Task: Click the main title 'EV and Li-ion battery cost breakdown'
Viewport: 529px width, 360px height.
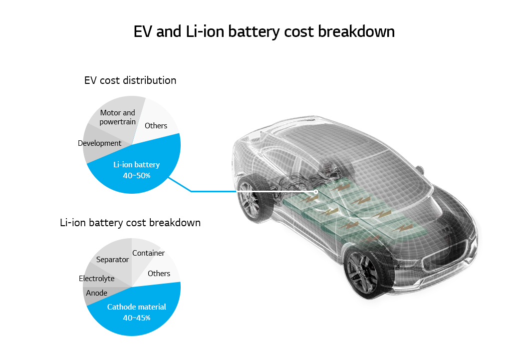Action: [x=264, y=32]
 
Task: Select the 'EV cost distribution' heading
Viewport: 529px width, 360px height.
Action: [x=130, y=80]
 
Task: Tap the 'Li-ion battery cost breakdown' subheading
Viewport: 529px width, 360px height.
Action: [x=130, y=223]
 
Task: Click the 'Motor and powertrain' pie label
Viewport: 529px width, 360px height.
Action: [x=117, y=117]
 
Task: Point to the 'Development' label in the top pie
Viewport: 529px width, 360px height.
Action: [x=99, y=143]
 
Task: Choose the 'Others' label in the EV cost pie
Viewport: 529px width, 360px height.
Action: [x=156, y=125]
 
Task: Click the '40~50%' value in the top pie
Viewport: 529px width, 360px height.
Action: [x=137, y=175]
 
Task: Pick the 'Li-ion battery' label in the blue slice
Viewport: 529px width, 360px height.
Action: [x=137, y=165]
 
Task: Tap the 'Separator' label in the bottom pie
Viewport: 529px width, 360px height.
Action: [x=112, y=260]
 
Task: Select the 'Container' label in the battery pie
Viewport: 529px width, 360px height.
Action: [x=148, y=253]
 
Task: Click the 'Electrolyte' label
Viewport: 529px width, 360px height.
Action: [x=96, y=278]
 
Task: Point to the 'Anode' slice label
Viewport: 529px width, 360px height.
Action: [x=96, y=293]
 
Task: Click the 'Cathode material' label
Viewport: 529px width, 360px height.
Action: [x=137, y=307]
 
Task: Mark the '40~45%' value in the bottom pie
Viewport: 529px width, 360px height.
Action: [x=137, y=318]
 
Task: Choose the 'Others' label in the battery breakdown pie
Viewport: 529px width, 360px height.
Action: [x=159, y=274]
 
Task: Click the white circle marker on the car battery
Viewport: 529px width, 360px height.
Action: [x=316, y=192]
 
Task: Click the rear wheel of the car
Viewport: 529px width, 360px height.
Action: [x=252, y=200]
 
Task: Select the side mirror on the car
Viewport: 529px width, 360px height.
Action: [x=420, y=170]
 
